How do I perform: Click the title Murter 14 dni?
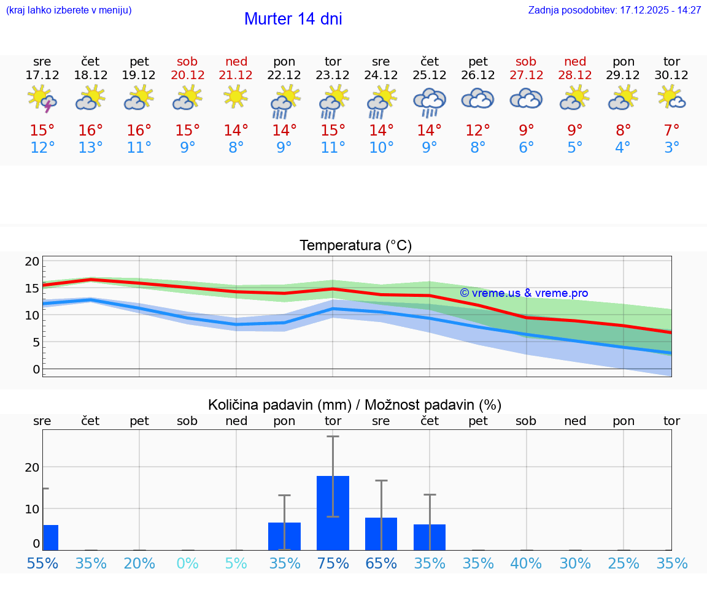(293, 19)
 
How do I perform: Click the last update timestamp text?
(614, 10)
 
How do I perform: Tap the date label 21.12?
(236, 75)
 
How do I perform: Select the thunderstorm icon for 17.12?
(42, 99)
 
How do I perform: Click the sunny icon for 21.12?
(236, 96)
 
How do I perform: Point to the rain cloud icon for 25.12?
(430, 102)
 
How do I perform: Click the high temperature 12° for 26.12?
(478, 131)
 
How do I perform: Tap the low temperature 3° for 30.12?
(672, 148)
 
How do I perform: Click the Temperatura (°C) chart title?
(355, 246)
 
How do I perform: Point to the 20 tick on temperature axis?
(32, 261)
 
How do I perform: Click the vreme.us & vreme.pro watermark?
(523, 293)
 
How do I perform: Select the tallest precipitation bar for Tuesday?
(333, 513)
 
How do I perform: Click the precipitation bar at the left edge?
(50, 537)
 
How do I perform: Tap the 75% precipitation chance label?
(333, 563)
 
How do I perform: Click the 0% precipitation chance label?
(187, 563)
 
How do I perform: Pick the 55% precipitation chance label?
(42, 563)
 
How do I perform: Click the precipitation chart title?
(355, 405)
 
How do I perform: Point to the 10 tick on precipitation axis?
(32, 508)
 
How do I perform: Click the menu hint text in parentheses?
(69, 10)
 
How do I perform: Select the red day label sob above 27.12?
(526, 61)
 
